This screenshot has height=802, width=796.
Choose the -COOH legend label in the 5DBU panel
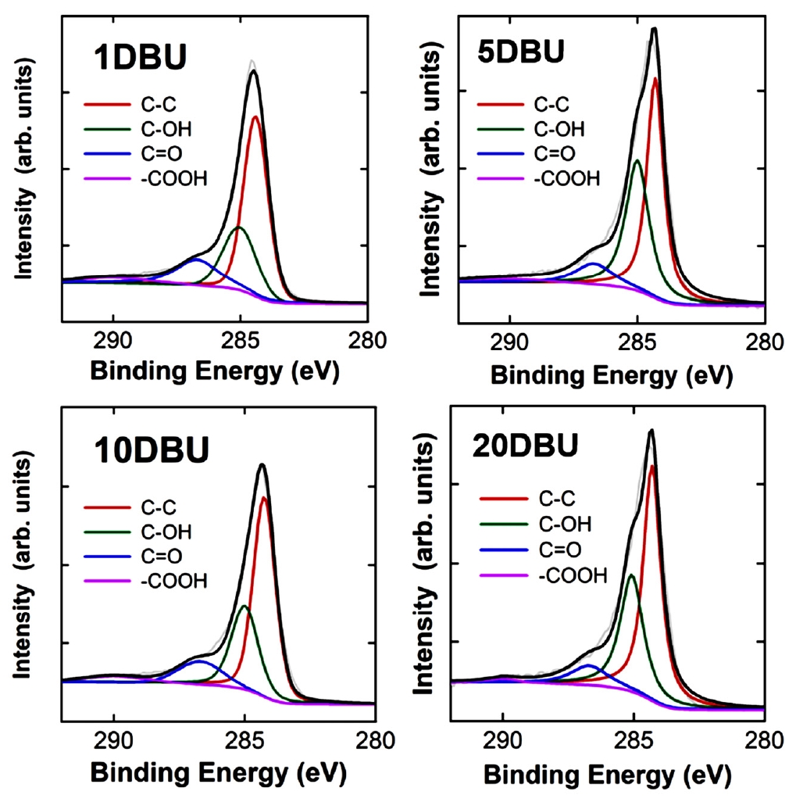(567, 179)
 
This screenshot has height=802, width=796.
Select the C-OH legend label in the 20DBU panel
(562, 523)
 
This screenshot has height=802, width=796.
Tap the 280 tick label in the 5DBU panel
(764, 342)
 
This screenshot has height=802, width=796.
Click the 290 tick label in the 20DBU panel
(503, 739)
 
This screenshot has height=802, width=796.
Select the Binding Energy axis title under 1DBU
(215, 372)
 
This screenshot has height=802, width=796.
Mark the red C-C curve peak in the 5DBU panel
(655, 78)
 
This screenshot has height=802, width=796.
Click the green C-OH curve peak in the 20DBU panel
(631, 575)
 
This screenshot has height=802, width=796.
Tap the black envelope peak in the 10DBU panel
(262, 465)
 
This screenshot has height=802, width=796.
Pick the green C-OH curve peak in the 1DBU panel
(238, 227)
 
